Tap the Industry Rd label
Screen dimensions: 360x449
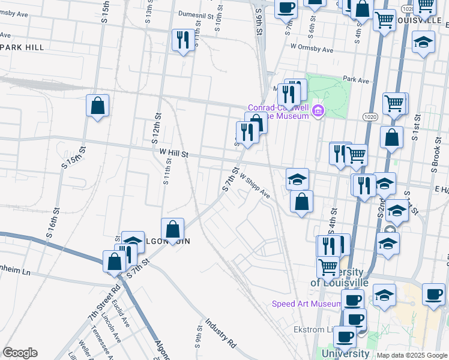220,334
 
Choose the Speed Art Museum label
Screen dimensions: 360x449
306,304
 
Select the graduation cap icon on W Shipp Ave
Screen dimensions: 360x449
297,178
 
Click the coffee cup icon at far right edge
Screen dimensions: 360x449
433,294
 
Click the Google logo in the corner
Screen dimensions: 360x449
20,353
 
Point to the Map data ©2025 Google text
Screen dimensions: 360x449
412,355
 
